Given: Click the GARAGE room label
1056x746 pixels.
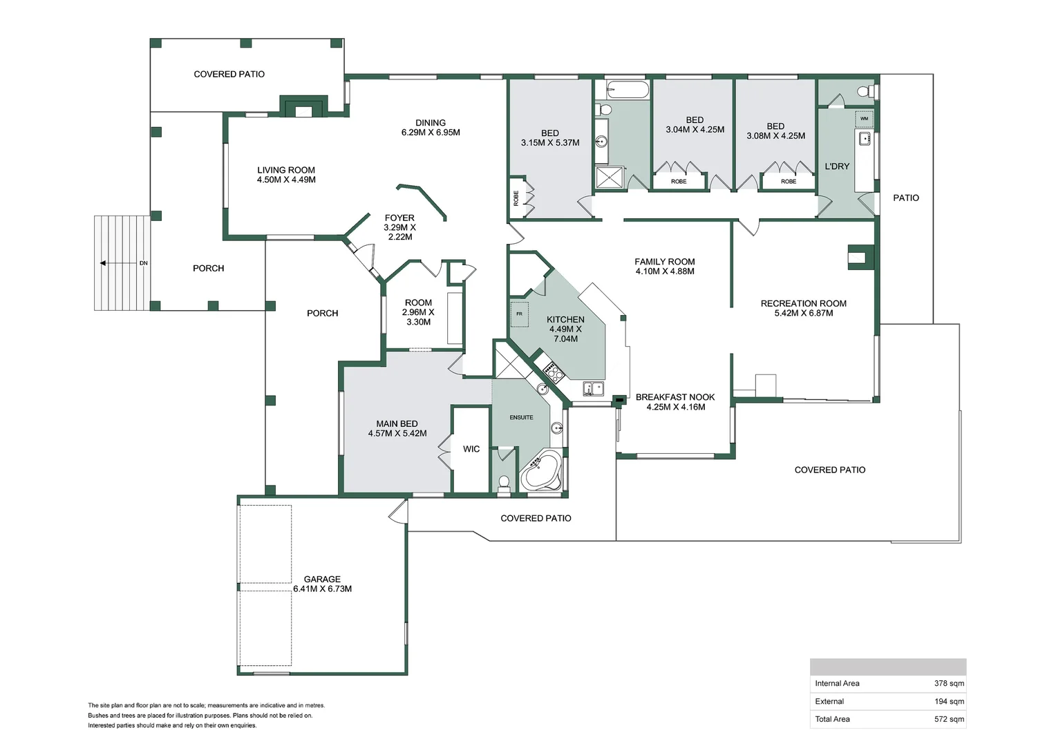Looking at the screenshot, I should [x=322, y=580].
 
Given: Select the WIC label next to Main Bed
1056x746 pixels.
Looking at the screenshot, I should [x=471, y=449].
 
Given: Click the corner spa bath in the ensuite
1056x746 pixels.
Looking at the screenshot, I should [x=542, y=471].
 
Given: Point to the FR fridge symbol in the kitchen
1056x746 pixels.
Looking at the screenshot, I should [x=519, y=314].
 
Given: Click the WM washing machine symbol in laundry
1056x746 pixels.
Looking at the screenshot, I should [x=864, y=119].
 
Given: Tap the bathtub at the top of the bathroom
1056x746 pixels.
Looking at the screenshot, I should [x=628, y=90].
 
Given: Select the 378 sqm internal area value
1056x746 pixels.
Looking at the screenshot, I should [x=949, y=683].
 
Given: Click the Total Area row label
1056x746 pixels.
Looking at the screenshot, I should [x=832, y=719].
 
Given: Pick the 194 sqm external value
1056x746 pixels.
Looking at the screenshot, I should [x=949, y=701].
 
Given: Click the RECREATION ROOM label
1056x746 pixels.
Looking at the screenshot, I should [x=803, y=303].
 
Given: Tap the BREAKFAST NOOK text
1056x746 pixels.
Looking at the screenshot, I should [x=675, y=397].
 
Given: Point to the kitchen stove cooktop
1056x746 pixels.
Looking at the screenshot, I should [x=554, y=373].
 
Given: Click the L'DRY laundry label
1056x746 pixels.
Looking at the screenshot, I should [x=837, y=166].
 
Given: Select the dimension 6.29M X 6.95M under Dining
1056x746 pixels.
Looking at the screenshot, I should [x=431, y=133].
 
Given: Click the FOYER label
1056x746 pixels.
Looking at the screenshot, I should [x=399, y=218].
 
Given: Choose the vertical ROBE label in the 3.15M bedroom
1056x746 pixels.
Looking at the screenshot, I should [x=516, y=198].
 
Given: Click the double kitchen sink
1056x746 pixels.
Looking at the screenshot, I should [x=593, y=388].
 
